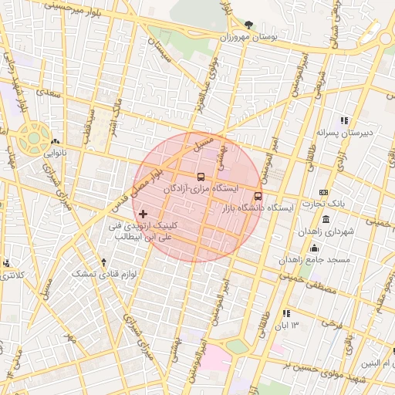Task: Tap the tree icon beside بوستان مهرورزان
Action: click(248, 25)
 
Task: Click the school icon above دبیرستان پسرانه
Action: click(344, 120)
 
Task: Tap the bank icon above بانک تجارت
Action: click(323, 192)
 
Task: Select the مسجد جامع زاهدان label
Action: click(317, 259)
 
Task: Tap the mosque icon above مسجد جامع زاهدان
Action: click(314, 248)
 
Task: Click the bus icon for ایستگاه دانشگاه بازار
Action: click(258, 196)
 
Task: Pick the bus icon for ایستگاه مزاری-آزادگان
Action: click(201, 177)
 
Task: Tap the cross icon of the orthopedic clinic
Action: click(143, 213)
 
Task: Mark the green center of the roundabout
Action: click(34, 138)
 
